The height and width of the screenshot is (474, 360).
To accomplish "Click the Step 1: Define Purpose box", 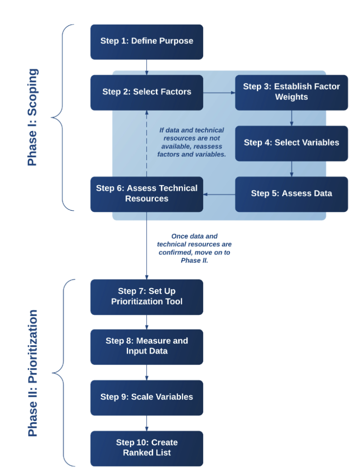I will click(147, 42).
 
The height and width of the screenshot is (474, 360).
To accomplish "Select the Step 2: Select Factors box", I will click(147, 92).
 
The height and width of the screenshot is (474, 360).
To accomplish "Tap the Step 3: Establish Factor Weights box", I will click(291, 92).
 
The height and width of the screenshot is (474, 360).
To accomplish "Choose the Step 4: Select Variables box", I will click(291, 143).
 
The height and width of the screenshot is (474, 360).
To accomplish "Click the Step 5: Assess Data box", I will click(291, 193).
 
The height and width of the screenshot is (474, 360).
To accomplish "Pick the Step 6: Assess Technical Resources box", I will click(147, 193).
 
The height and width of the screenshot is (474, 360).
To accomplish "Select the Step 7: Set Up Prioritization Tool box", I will click(147, 297).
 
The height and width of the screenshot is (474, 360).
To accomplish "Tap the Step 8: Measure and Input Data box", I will click(147, 346).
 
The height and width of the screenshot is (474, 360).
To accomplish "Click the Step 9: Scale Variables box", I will click(147, 397).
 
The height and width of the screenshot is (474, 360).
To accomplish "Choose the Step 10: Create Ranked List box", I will click(147, 448).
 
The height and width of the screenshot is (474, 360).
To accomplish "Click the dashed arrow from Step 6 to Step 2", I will click(147, 143).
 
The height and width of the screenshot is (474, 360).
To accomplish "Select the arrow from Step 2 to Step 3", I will click(219, 93).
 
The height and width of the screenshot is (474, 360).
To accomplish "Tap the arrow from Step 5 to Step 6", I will click(219, 194).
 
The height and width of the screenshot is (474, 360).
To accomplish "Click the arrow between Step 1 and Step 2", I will click(147, 67).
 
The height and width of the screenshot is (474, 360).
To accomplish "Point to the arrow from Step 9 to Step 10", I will click(147, 423).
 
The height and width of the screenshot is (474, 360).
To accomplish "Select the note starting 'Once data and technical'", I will click(194, 249).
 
